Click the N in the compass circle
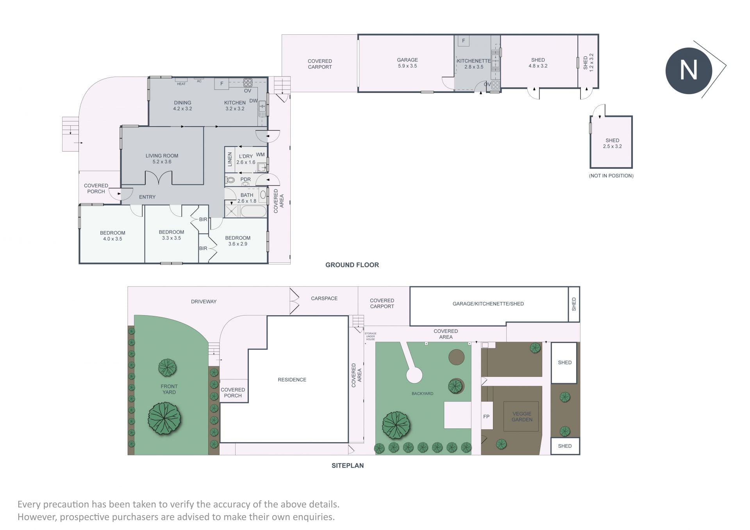pyautogui.click(x=688, y=71)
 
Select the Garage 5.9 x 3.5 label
pyautogui.click(x=407, y=63)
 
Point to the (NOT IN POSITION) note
pyautogui.click(x=611, y=176)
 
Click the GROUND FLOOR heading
pyautogui.click(x=352, y=265)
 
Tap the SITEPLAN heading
pyautogui.click(x=348, y=466)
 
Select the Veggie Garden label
pyautogui.click(x=522, y=417)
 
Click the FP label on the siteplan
pyautogui.click(x=486, y=417)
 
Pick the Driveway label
pyautogui.click(x=204, y=302)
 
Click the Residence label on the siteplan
pyautogui.click(x=292, y=380)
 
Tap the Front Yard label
pyautogui.click(x=169, y=389)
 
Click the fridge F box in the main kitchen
pyautogui.click(x=221, y=84)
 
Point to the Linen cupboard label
pyautogui.click(x=230, y=159)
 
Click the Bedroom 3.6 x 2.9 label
pyautogui.click(x=237, y=241)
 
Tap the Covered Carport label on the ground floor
pyautogui.click(x=320, y=64)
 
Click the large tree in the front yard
pyautogui.click(x=164, y=418)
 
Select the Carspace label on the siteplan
pyautogui.click(x=324, y=298)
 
